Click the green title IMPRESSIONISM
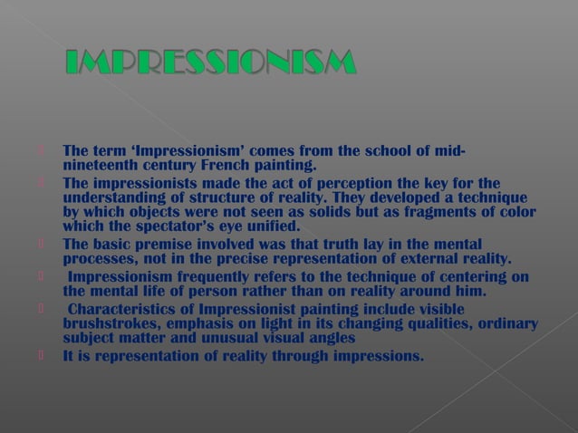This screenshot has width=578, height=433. [211, 64]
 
